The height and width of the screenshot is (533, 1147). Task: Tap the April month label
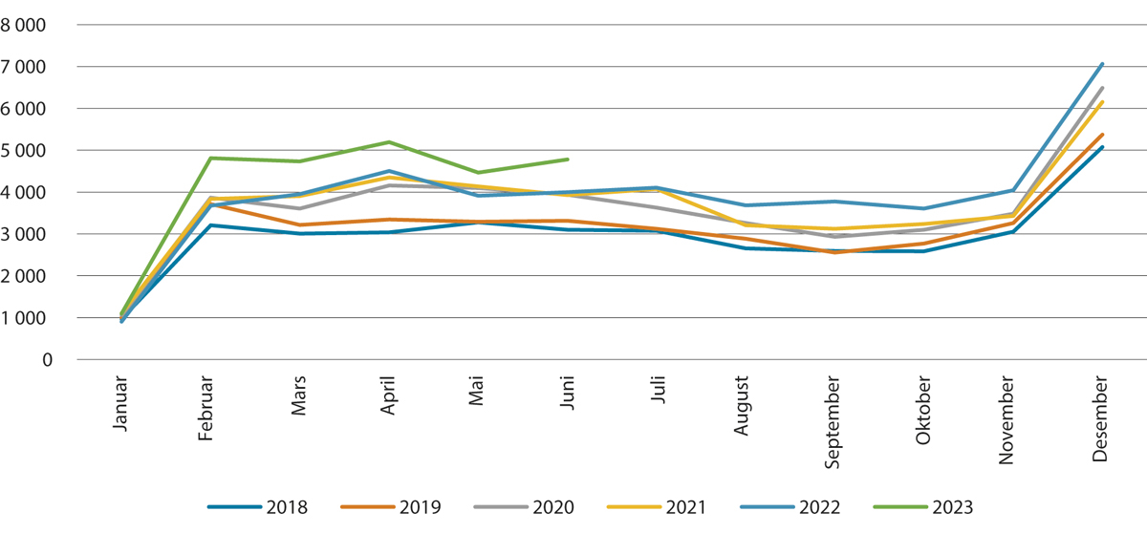click(388, 402)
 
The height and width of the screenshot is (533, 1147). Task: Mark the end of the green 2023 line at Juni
click(568, 160)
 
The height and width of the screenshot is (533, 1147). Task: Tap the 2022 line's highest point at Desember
click(1102, 64)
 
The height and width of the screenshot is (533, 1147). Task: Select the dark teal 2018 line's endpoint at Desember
click(1102, 147)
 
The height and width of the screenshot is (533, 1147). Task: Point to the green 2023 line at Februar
click(210, 158)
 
